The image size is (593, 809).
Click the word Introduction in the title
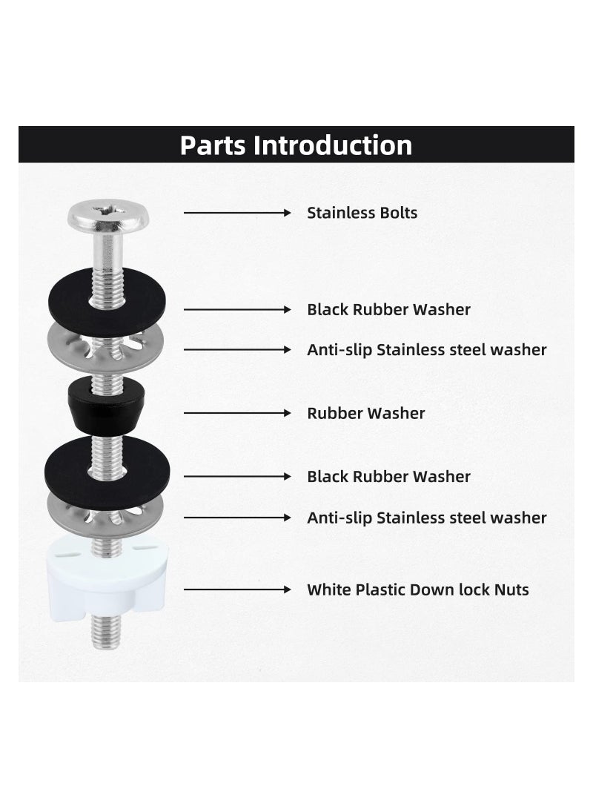pyautogui.click(x=333, y=145)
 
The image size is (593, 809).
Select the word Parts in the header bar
pyautogui.click(x=213, y=145)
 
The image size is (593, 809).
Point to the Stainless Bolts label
pyautogui.click(x=362, y=214)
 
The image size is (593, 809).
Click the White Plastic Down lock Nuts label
pyautogui.click(x=418, y=590)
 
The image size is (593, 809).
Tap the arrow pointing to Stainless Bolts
pyautogui.click(x=237, y=214)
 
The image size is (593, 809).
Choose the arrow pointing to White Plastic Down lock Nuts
pyautogui.click(x=237, y=590)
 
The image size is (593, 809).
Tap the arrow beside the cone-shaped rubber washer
pyautogui.click(x=237, y=413)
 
